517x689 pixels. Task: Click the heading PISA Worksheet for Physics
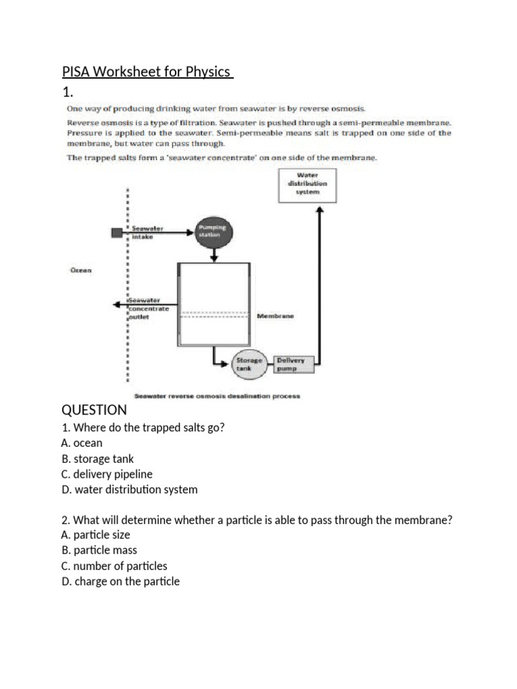pyautogui.click(x=147, y=71)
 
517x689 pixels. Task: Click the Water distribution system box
pyautogui.click(x=307, y=184)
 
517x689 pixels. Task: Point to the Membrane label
pyautogui.click(x=275, y=316)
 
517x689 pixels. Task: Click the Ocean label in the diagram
pyautogui.click(x=81, y=270)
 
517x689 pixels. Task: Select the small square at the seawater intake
pyautogui.click(x=116, y=233)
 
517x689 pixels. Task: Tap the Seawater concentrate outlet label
pyautogui.click(x=149, y=309)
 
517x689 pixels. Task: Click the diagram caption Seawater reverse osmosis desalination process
pyautogui.click(x=217, y=396)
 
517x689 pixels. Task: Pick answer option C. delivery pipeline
pyautogui.click(x=107, y=474)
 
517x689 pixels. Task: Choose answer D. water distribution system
pyautogui.click(x=129, y=489)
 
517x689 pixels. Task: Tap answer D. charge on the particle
pyautogui.click(x=120, y=581)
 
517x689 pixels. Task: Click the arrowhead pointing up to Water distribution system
pyautogui.click(x=320, y=211)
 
